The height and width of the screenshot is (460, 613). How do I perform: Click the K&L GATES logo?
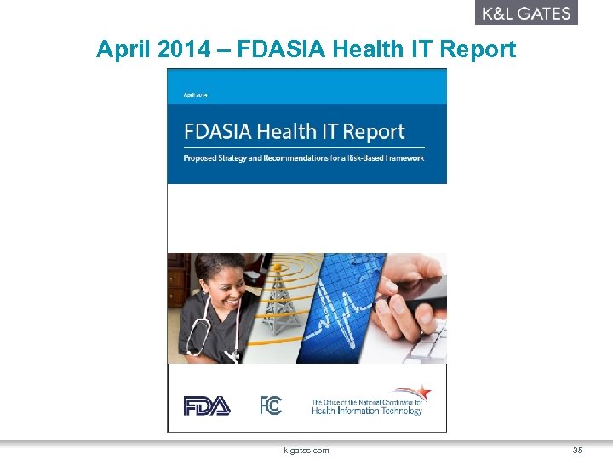(x=526, y=13)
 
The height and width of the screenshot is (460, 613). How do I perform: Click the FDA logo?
(x=207, y=406)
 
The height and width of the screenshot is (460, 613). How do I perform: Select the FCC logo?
(x=271, y=405)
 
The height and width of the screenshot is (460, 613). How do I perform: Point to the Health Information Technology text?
(x=366, y=411)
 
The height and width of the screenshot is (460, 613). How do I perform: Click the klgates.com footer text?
(x=306, y=450)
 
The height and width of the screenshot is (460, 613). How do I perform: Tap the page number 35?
(x=577, y=450)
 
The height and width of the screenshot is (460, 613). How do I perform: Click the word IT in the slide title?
(x=421, y=49)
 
